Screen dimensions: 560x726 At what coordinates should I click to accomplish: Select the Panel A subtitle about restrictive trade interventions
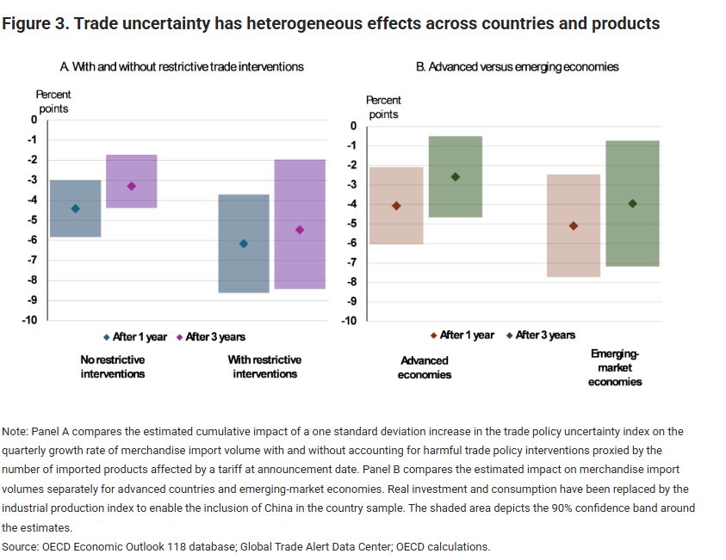pyautogui.click(x=181, y=66)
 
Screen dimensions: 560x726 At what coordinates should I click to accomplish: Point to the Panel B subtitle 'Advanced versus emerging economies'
pyautogui.click(x=517, y=66)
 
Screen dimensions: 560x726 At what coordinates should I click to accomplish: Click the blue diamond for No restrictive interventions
pyautogui.click(x=75, y=208)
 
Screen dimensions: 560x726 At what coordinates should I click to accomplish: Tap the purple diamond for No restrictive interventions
pyautogui.click(x=132, y=186)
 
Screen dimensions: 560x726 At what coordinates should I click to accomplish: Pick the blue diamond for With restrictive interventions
pyautogui.click(x=244, y=243)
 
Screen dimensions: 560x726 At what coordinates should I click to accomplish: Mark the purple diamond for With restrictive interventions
pyautogui.click(x=300, y=230)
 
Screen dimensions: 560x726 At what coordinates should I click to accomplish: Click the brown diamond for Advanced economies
pyautogui.click(x=396, y=206)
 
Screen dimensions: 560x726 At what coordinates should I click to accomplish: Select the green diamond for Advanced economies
pyautogui.click(x=456, y=176)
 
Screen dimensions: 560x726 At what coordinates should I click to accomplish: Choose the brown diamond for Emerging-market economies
pyautogui.click(x=574, y=225)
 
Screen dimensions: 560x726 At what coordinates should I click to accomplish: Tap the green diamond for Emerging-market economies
pyautogui.click(x=632, y=203)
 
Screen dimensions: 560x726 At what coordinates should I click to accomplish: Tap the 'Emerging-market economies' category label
pyautogui.click(x=615, y=367)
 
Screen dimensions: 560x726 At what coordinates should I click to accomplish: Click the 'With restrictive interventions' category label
pyautogui.click(x=264, y=366)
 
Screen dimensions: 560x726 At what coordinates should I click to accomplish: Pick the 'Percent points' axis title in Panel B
pyautogui.click(x=383, y=108)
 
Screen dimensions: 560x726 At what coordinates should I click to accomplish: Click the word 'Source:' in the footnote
pyautogui.click(x=25, y=546)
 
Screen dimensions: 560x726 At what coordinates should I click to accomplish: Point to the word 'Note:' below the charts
pyautogui.click(x=15, y=431)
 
